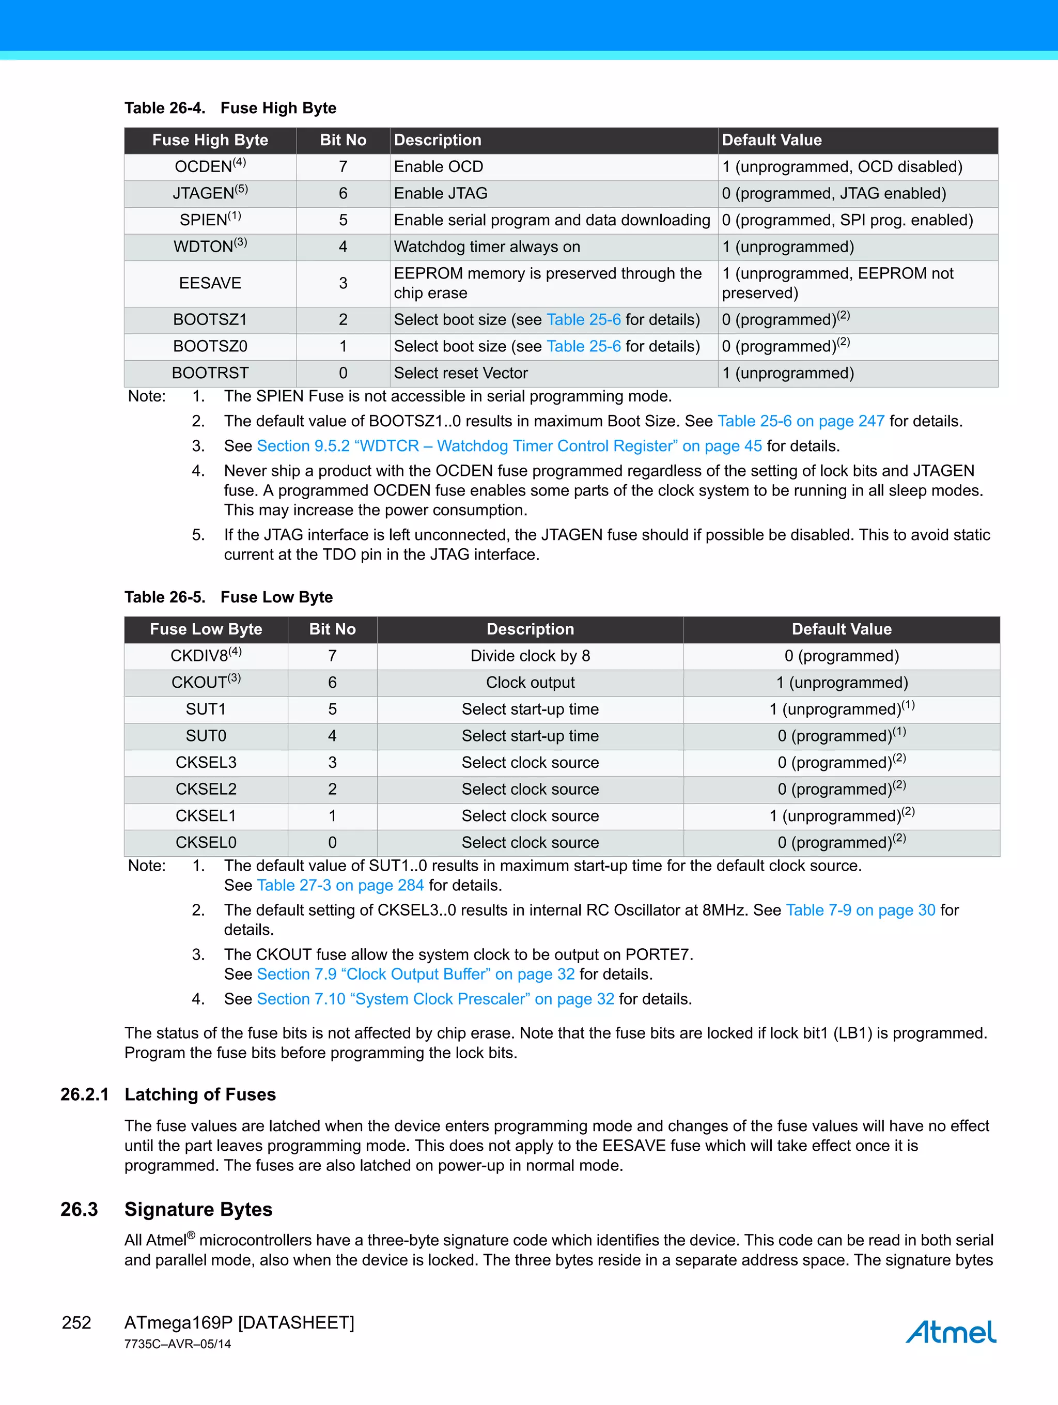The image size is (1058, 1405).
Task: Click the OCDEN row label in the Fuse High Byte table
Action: coord(210,167)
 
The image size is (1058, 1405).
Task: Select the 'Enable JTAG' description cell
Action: coord(441,194)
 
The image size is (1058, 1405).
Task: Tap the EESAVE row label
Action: coord(210,283)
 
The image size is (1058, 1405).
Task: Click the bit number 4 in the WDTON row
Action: coord(343,247)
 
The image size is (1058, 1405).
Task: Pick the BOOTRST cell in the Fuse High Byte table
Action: coord(210,374)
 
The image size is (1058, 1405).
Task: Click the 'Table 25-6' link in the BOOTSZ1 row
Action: coord(584,320)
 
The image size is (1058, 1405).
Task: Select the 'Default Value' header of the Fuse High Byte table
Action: coord(772,141)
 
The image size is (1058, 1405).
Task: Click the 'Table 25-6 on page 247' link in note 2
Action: coord(801,422)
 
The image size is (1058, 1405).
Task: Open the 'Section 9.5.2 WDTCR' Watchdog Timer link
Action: coord(509,446)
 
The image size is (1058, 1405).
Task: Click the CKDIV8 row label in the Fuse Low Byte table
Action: coord(205,656)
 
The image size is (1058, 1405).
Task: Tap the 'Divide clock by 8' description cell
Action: coord(530,656)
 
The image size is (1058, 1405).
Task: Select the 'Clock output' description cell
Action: coord(530,683)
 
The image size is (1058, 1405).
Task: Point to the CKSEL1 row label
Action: coord(205,816)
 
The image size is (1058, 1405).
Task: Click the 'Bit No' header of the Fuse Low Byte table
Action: coord(332,629)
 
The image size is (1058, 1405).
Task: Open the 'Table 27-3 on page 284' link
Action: coord(340,886)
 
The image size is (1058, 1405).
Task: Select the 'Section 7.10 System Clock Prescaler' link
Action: coord(435,1000)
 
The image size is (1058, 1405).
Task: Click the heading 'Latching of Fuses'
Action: coord(200,1095)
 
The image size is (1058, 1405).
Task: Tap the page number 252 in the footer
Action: coord(76,1323)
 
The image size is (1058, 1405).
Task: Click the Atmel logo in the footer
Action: coord(950,1332)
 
